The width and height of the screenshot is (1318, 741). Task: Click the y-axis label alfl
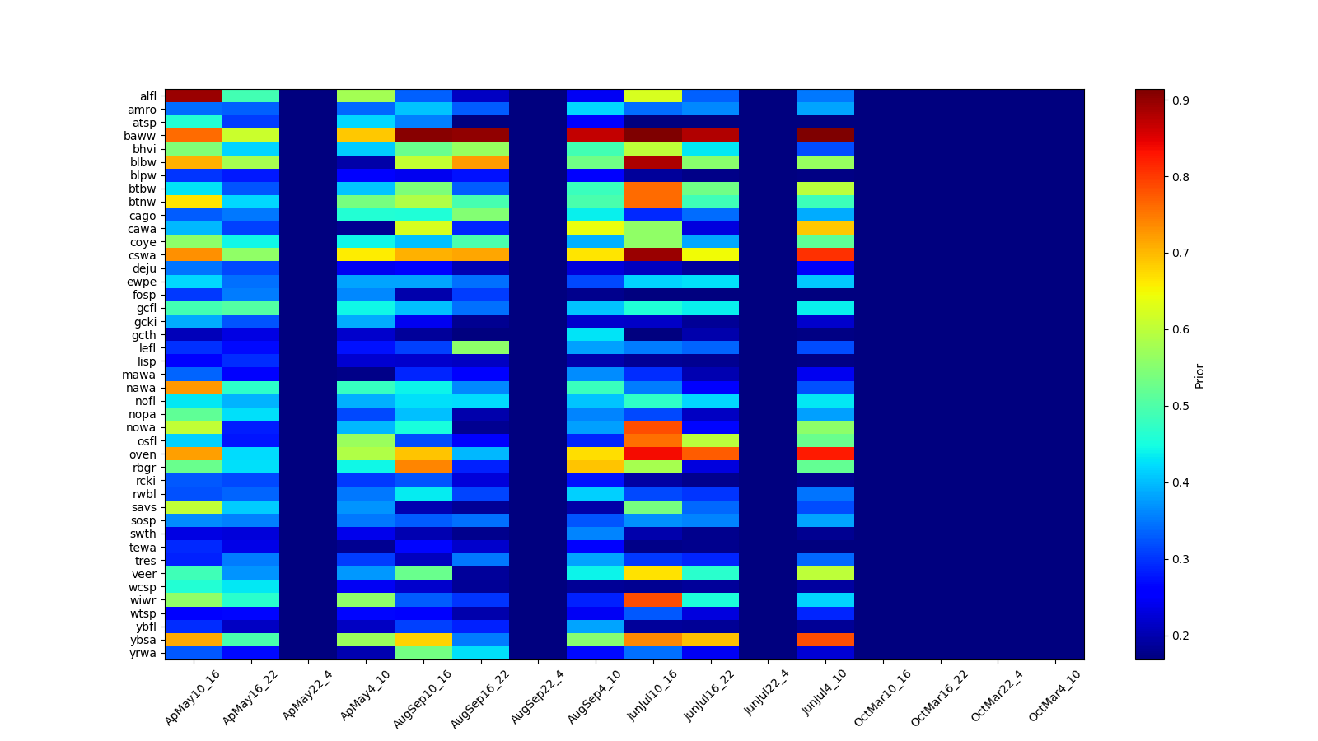[x=147, y=96]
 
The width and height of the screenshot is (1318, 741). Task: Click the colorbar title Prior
[x=1199, y=375]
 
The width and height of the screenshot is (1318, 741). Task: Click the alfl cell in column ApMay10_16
[x=194, y=96]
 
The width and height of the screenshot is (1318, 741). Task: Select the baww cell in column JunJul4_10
[x=825, y=136]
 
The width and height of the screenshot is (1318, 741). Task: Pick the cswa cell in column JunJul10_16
[x=653, y=255]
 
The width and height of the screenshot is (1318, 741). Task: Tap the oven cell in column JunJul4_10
[x=825, y=454]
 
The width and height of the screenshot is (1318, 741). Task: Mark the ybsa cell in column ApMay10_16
[x=194, y=640]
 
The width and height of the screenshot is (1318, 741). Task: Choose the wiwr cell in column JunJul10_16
[x=653, y=600]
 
